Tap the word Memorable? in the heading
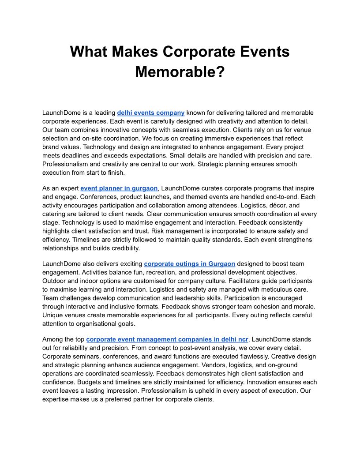[180, 71]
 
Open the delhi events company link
[150, 113]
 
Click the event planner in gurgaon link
[119, 188]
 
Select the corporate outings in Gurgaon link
[189, 264]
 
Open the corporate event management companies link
[168, 339]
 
